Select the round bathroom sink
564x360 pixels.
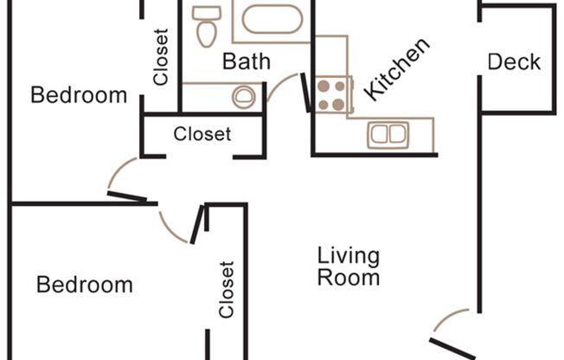point(246,95)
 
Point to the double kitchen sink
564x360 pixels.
point(390,134)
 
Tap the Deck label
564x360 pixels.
point(514,62)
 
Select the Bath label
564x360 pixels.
point(247,62)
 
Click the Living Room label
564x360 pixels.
point(348,267)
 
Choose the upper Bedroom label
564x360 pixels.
point(79,95)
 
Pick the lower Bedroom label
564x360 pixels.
point(85,285)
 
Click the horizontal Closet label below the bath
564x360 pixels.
point(202,134)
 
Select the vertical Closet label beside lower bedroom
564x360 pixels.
point(227,290)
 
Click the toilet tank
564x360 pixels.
point(206,12)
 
